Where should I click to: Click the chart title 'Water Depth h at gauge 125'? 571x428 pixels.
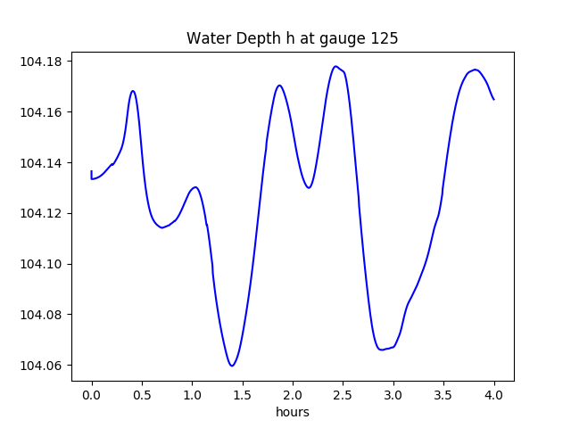[292, 38]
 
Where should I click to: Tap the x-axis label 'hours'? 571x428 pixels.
[293, 412]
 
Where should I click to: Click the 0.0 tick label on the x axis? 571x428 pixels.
[92, 394]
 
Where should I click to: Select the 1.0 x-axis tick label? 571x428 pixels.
[193, 394]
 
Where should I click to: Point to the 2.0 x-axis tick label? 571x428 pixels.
[293, 394]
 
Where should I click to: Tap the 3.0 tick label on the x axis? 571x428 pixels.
[393, 394]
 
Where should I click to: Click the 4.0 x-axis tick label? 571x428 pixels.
[494, 394]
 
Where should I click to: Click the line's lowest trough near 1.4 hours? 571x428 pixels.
[232, 366]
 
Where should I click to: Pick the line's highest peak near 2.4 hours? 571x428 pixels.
[335, 66]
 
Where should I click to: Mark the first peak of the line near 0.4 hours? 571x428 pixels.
[133, 91]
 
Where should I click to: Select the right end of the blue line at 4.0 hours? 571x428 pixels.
[493, 99]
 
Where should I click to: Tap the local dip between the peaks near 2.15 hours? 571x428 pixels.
[309, 187]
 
